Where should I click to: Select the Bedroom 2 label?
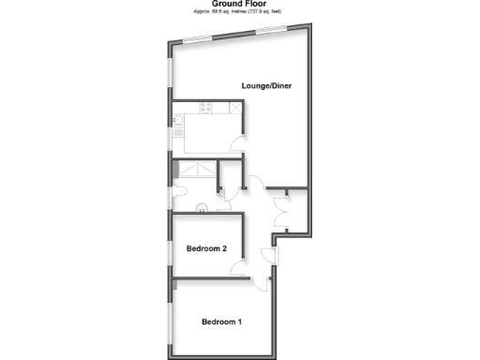pyautogui.click(x=206, y=248)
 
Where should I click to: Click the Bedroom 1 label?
pyautogui.click(x=222, y=322)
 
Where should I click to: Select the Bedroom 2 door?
pyautogui.click(x=236, y=268)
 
